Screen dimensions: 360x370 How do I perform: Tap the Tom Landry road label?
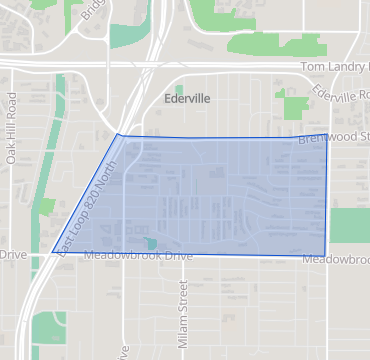336,66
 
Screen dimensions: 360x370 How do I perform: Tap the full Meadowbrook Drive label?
137,256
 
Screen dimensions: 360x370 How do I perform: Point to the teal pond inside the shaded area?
151,243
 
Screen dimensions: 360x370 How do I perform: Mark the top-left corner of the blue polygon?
118,134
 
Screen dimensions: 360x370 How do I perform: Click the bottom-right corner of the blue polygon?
327,254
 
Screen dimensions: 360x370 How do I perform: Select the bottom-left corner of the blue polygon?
52,252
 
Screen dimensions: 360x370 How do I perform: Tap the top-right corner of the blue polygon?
327,134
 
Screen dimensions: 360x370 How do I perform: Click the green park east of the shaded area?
349,226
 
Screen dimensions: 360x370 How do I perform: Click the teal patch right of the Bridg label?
126,35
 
